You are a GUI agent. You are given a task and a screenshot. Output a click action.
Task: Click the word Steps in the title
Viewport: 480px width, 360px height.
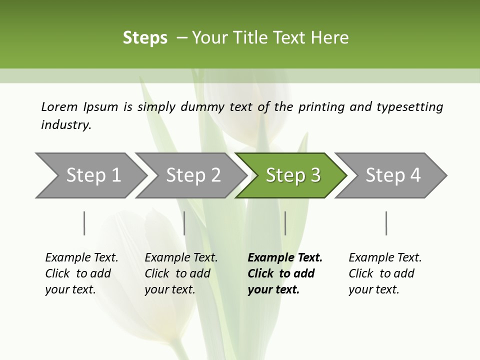click(145, 38)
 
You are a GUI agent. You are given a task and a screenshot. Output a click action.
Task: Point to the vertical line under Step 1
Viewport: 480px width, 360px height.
click(84, 223)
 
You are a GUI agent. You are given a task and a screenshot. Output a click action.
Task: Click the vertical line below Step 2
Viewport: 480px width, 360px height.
click(184, 223)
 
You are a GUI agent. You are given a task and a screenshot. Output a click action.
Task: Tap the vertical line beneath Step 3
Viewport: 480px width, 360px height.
click(285, 223)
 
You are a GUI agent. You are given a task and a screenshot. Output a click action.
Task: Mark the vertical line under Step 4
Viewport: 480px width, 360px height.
click(386, 223)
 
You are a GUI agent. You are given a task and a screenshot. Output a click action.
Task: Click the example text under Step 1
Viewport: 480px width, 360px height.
click(81, 273)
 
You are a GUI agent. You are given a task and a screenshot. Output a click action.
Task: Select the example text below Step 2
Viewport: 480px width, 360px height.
click(181, 273)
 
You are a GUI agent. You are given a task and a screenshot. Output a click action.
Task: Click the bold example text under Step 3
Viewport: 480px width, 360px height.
click(285, 273)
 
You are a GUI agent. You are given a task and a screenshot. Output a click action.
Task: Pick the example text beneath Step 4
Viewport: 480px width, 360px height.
click(385, 273)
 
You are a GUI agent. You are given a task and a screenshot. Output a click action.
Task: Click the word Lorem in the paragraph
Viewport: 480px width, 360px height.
click(59, 107)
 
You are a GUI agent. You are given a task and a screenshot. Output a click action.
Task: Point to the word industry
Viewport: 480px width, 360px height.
click(66, 125)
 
